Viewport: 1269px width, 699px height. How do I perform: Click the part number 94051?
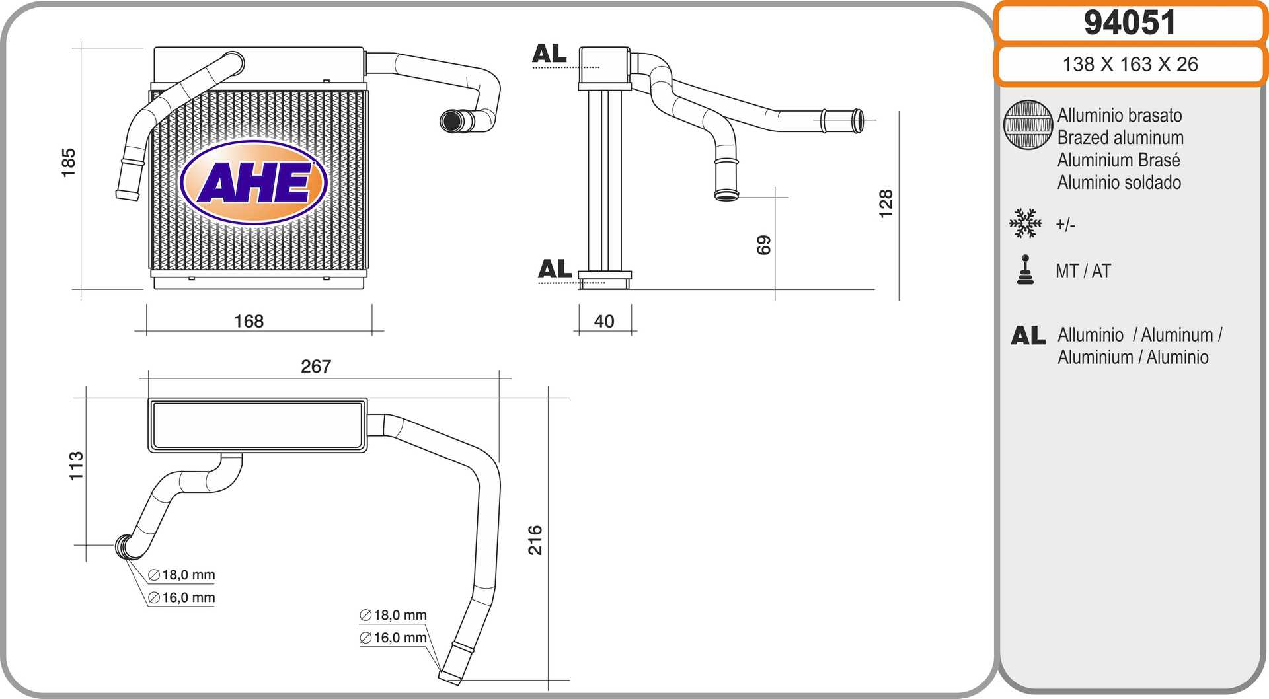coord(1130,23)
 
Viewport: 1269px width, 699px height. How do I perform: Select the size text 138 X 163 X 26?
coord(1130,64)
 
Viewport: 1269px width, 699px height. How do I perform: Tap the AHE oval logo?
coord(254,183)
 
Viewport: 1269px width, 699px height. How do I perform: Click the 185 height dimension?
coord(68,163)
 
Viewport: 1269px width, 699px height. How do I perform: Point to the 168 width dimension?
coord(249,321)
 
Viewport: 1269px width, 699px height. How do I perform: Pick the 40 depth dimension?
coord(604,321)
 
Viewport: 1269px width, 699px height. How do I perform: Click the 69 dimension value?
coord(763,245)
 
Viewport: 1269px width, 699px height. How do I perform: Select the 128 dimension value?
coord(886,203)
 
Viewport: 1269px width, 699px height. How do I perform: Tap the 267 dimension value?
coord(316,366)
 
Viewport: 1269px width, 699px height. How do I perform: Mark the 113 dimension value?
coord(77,466)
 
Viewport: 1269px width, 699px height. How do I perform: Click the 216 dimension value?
coord(535,540)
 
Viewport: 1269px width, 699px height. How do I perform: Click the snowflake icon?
coord(1025,223)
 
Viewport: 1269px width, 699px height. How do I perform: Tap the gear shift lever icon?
coord(1025,270)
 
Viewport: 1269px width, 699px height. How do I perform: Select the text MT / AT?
coord(1083,271)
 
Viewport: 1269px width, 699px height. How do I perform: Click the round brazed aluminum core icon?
coord(1028,125)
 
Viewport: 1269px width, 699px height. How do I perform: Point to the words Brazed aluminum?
coord(1120,137)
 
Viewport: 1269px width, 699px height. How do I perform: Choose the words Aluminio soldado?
coord(1119,182)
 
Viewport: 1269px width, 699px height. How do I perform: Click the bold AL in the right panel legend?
coord(1028,336)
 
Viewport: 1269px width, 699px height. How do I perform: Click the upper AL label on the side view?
coord(549,54)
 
